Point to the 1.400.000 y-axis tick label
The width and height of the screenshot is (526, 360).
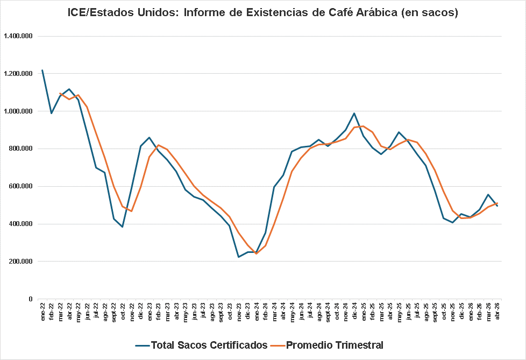click(x=18, y=36)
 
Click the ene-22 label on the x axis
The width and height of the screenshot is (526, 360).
click(x=43, y=313)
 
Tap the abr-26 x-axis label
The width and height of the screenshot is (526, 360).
click(x=497, y=313)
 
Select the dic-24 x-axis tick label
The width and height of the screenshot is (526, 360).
click(x=354, y=313)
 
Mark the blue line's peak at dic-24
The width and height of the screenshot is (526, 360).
click(x=354, y=113)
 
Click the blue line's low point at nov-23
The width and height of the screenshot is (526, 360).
click(x=239, y=257)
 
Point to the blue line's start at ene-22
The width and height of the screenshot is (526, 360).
click(x=42, y=70)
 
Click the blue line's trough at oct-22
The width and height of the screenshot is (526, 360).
click(x=123, y=227)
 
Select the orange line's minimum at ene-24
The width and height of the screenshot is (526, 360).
click(x=256, y=253)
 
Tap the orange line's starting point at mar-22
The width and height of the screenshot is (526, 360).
click(x=60, y=93)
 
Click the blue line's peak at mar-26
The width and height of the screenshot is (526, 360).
click(x=488, y=195)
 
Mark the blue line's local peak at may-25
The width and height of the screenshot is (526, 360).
click(x=399, y=132)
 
